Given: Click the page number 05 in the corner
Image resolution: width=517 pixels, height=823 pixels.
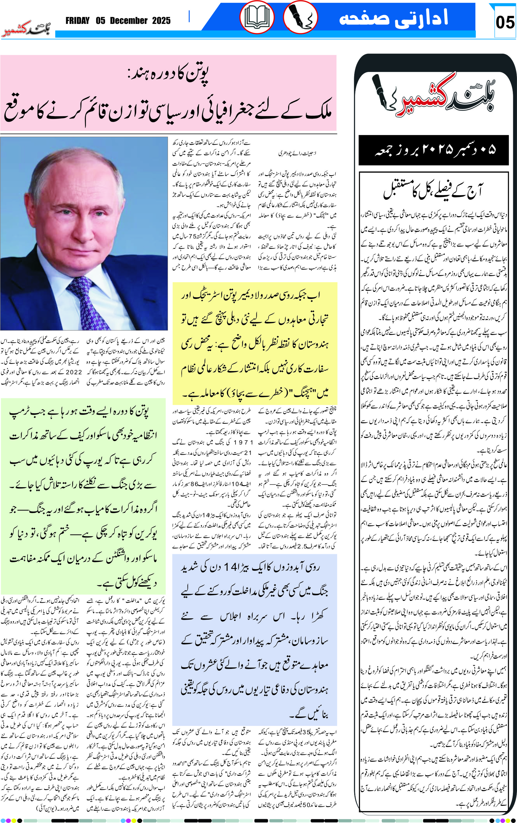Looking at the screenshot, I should (x=505, y=22).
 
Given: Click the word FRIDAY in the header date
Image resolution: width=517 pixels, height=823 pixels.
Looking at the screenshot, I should (x=78, y=21).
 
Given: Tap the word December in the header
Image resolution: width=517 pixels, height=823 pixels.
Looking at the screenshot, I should (x=129, y=21).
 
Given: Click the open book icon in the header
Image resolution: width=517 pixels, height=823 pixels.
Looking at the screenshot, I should (x=257, y=17).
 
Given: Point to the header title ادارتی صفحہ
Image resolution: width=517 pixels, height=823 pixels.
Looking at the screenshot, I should (x=393, y=18).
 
